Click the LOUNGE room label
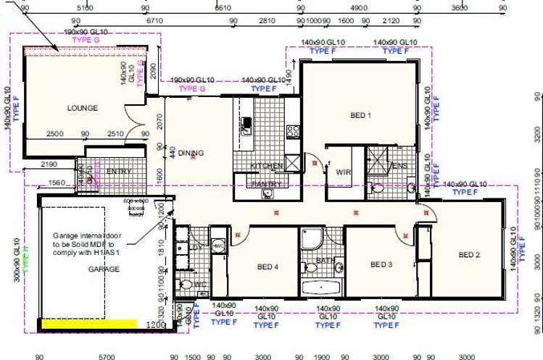(x=82, y=108)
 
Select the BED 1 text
(x=360, y=115)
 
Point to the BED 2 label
(x=469, y=255)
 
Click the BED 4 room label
(x=268, y=266)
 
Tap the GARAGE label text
(x=104, y=269)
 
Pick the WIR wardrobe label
(x=343, y=172)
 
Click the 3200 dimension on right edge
(x=537, y=135)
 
